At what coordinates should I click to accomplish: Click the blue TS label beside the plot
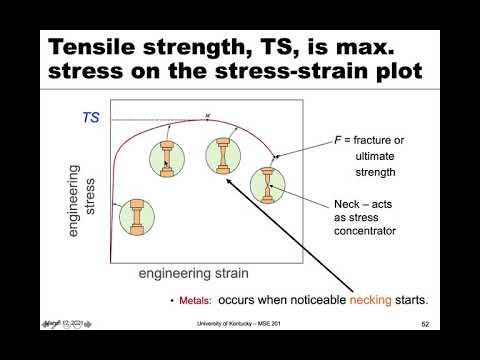point(91,117)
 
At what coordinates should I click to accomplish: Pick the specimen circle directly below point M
point(221,156)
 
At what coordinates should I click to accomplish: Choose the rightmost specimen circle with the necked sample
point(268,186)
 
